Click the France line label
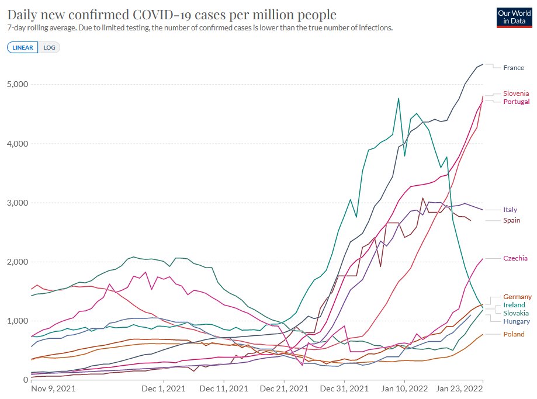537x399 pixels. pyautogui.click(x=514, y=68)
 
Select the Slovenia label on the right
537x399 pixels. pyautogui.click(x=516, y=93)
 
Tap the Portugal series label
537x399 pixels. pyautogui.click(x=516, y=102)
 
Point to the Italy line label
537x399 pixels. pyautogui.click(x=510, y=210)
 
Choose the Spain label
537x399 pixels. pyautogui.click(x=511, y=220)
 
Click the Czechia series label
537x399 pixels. pyautogui.click(x=515, y=258)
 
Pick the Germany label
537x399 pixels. pyautogui.click(x=517, y=297)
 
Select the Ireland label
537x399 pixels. pyautogui.click(x=514, y=305)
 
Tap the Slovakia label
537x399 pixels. pyautogui.click(x=516, y=313)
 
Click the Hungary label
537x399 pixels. pyautogui.click(x=517, y=321)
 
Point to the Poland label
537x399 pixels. pyautogui.click(x=513, y=334)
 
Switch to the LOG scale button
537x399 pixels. pyautogui.click(x=50, y=47)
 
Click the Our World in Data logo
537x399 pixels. pyautogui.click(x=511, y=17)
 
